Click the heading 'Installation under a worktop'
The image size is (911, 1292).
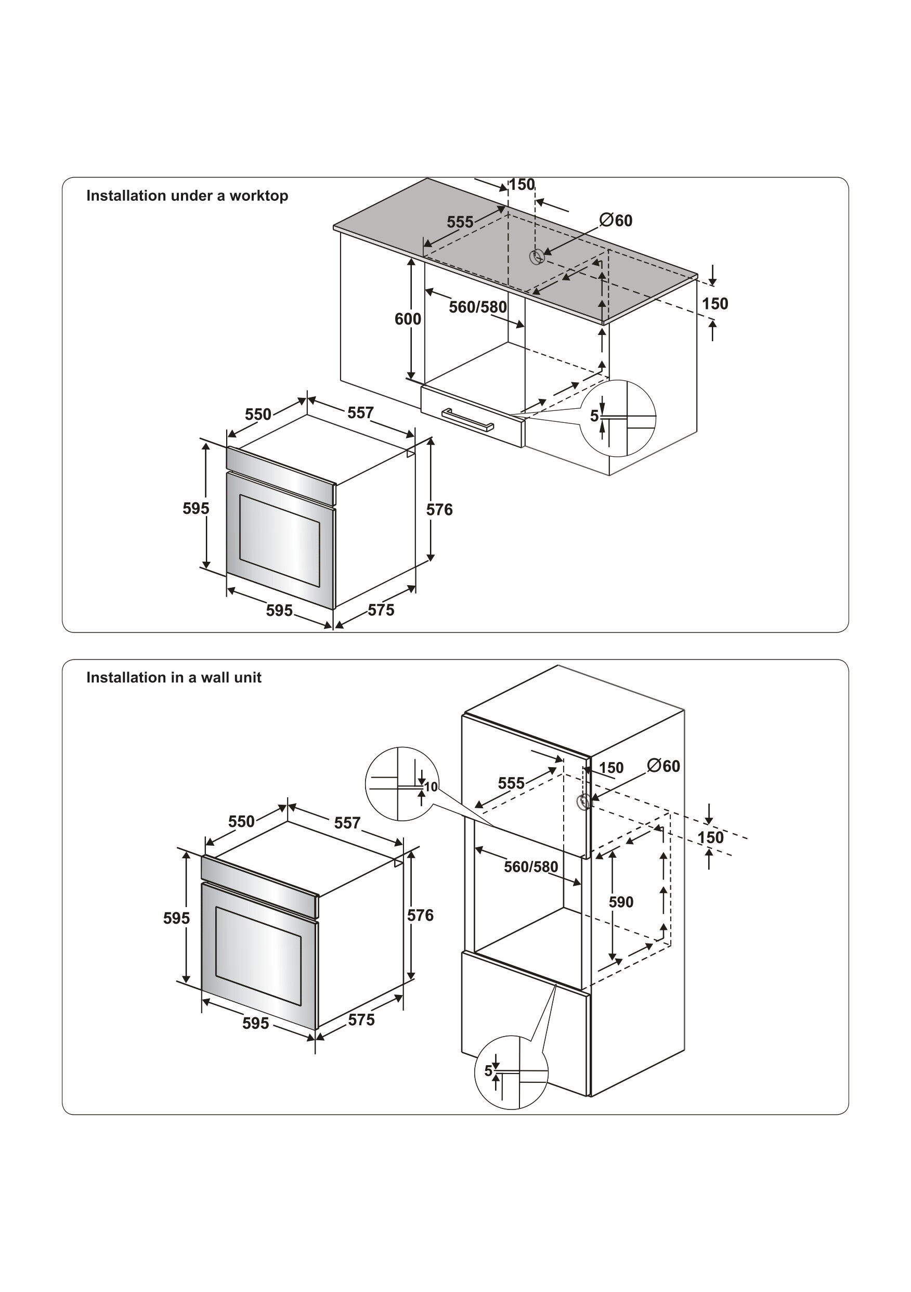187,196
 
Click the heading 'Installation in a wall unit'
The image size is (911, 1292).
173,678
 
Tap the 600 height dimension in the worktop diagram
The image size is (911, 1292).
407,319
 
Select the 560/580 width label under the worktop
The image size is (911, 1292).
478,307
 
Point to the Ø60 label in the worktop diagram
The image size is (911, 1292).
616,220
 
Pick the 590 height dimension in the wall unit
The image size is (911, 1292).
621,902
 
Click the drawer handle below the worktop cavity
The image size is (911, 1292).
467,419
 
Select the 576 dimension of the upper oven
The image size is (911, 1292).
439,510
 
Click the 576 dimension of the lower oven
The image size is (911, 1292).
420,915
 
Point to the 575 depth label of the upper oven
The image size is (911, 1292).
381,610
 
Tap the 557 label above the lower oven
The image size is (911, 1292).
347,823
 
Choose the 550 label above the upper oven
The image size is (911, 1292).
258,415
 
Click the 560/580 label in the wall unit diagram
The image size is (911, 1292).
530,867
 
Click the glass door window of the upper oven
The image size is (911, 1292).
280,540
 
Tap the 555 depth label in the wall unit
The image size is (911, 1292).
511,783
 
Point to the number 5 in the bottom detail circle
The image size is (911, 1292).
488,1070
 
